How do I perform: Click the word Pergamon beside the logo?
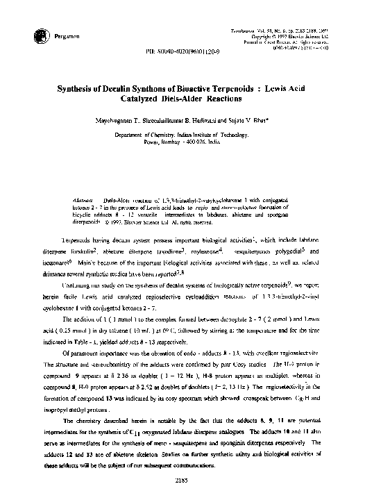41,37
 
